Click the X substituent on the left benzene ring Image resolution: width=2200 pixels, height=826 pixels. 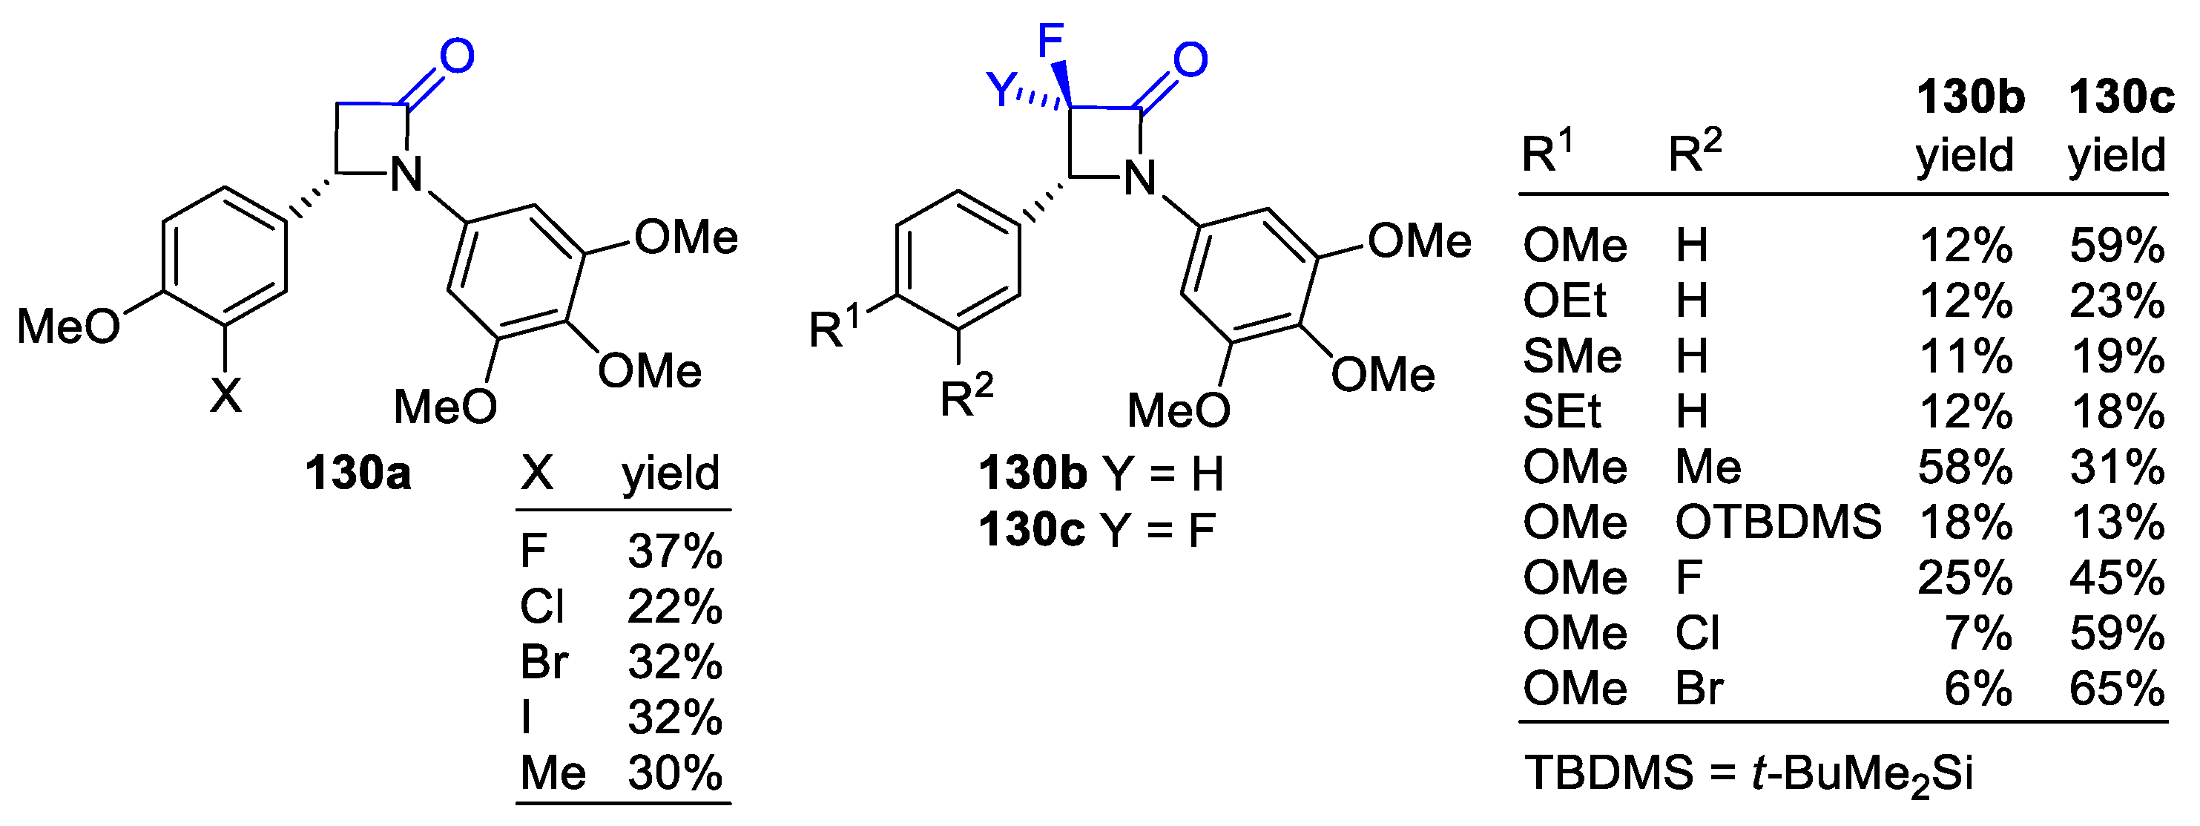click(226, 396)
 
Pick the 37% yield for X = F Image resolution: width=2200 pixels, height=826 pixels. click(675, 552)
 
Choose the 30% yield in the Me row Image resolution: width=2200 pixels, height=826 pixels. click(675, 773)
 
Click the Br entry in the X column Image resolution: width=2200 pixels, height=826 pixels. click(543, 662)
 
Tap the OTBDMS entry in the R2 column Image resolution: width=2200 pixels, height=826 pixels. click(1777, 522)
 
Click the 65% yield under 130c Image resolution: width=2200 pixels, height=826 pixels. click(2117, 689)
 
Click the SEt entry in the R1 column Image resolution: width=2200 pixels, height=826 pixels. click(1561, 412)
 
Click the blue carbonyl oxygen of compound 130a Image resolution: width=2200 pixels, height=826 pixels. click(457, 56)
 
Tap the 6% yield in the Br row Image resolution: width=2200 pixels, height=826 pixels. click(1978, 689)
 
